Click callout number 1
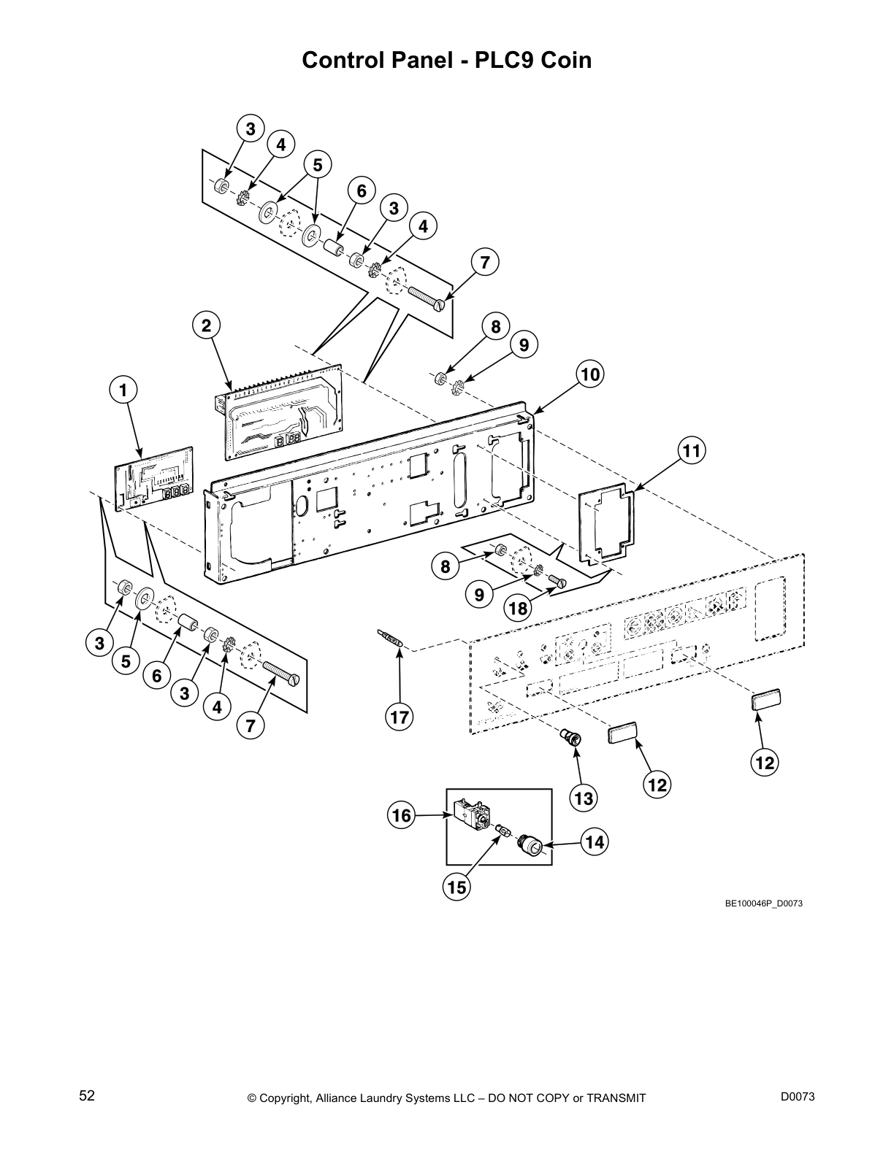click(x=123, y=390)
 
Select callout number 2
click(x=207, y=326)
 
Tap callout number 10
click(x=590, y=374)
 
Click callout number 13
click(x=584, y=798)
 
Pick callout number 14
click(x=595, y=842)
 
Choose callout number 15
click(x=456, y=887)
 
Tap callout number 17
click(x=400, y=717)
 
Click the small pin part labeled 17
click(x=389, y=637)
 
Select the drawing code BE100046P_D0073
click(x=764, y=903)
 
